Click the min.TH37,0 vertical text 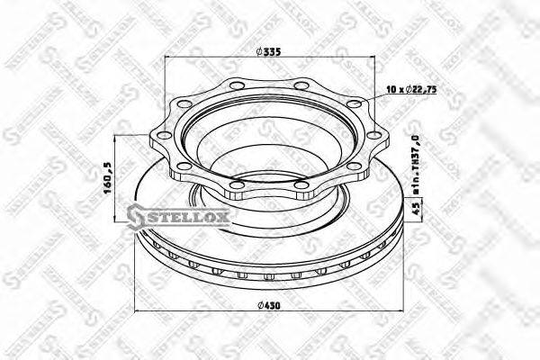415,161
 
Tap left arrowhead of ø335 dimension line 168,59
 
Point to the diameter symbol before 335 259,52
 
